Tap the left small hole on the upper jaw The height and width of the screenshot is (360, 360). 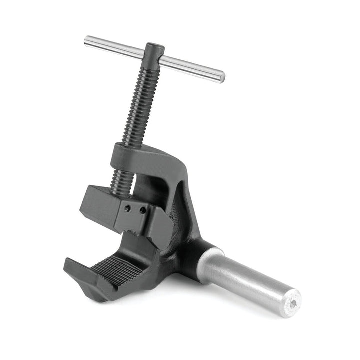(x=128, y=208)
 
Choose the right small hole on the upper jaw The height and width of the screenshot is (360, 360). (x=142, y=210)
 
